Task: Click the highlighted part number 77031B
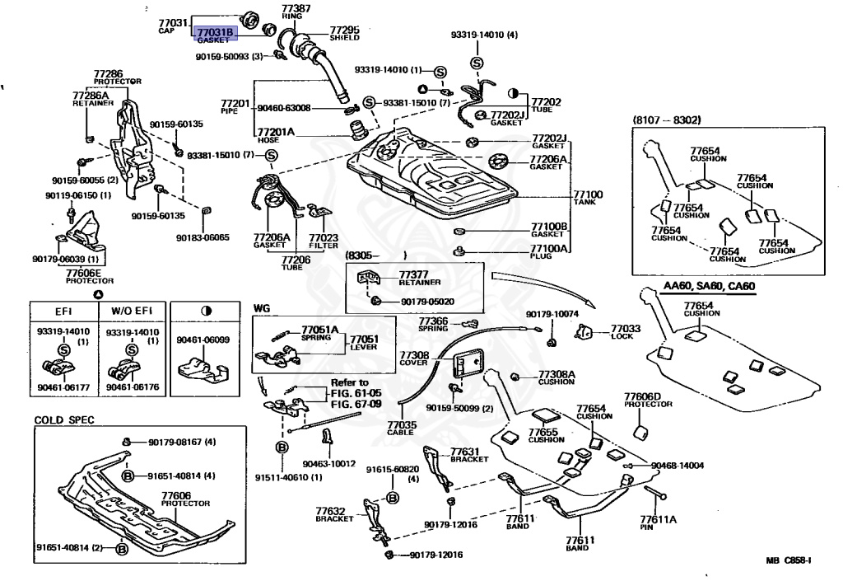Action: [215, 32]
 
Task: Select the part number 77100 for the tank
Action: [588, 194]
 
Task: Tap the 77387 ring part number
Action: [296, 8]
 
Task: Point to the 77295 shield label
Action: [345, 30]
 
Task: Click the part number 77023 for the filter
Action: [324, 237]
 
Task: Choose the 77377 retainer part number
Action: [413, 275]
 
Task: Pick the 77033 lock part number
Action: [626, 328]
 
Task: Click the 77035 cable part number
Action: [402, 425]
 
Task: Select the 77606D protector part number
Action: [642, 396]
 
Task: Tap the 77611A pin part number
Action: [658, 519]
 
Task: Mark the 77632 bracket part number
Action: [330, 511]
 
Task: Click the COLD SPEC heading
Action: [64, 419]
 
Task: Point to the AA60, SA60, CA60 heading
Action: [709, 286]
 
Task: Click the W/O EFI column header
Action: [132, 311]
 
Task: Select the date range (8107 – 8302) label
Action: [667, 119]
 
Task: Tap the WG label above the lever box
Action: [262, 308]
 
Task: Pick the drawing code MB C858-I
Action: [789, 560]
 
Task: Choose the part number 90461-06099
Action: [203, 340]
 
